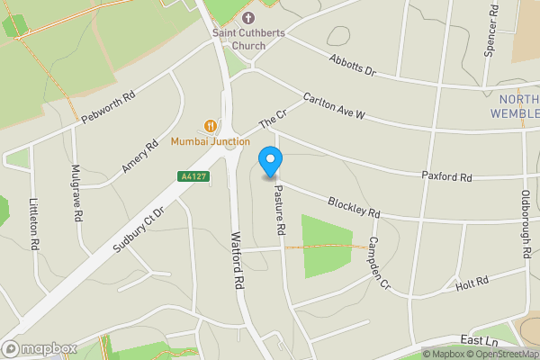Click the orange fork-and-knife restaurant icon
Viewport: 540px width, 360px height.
(211, 126)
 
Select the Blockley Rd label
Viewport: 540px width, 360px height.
(354, 207)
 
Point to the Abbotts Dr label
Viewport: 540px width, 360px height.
(352, 66)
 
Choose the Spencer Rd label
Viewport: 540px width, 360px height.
(490, 32)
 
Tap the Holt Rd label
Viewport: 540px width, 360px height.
(472, 283)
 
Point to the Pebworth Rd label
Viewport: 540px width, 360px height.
(108, 106)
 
